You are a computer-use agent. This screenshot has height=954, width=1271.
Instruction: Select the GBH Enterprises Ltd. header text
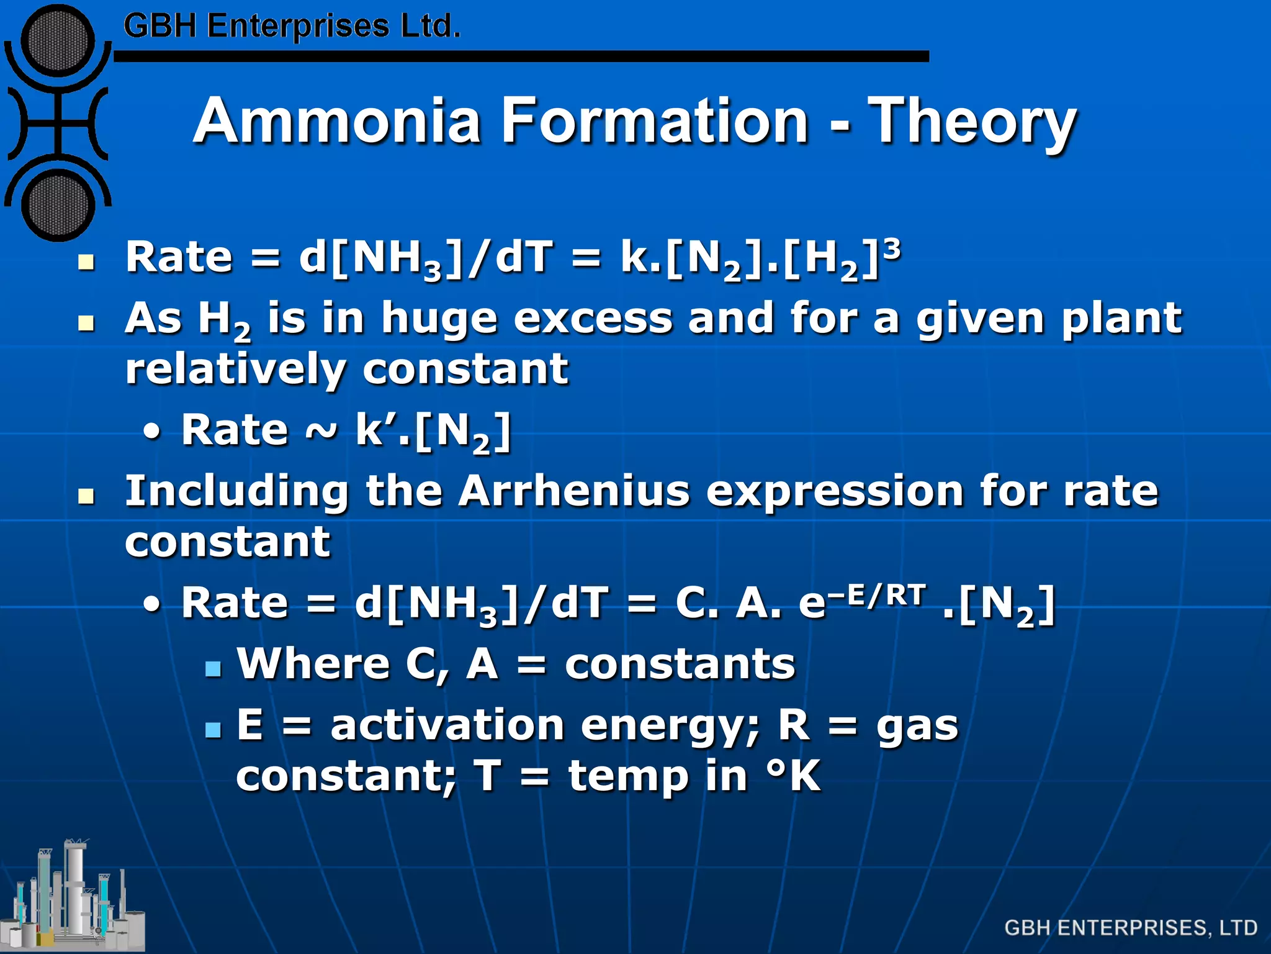[x=292, y=27]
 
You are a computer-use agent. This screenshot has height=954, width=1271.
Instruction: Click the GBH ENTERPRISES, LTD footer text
[x=1131, y=928]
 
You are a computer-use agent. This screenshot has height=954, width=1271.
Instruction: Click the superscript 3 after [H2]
[x=891, y=248]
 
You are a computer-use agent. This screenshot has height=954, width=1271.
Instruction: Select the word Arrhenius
[x=574, y=491]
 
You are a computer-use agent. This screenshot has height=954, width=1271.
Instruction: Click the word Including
[x=236, y=491]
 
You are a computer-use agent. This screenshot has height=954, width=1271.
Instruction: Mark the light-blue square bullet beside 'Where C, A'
[x=213, y=668]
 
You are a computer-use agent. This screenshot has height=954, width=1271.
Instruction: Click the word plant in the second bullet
[x=1121, y=318]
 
